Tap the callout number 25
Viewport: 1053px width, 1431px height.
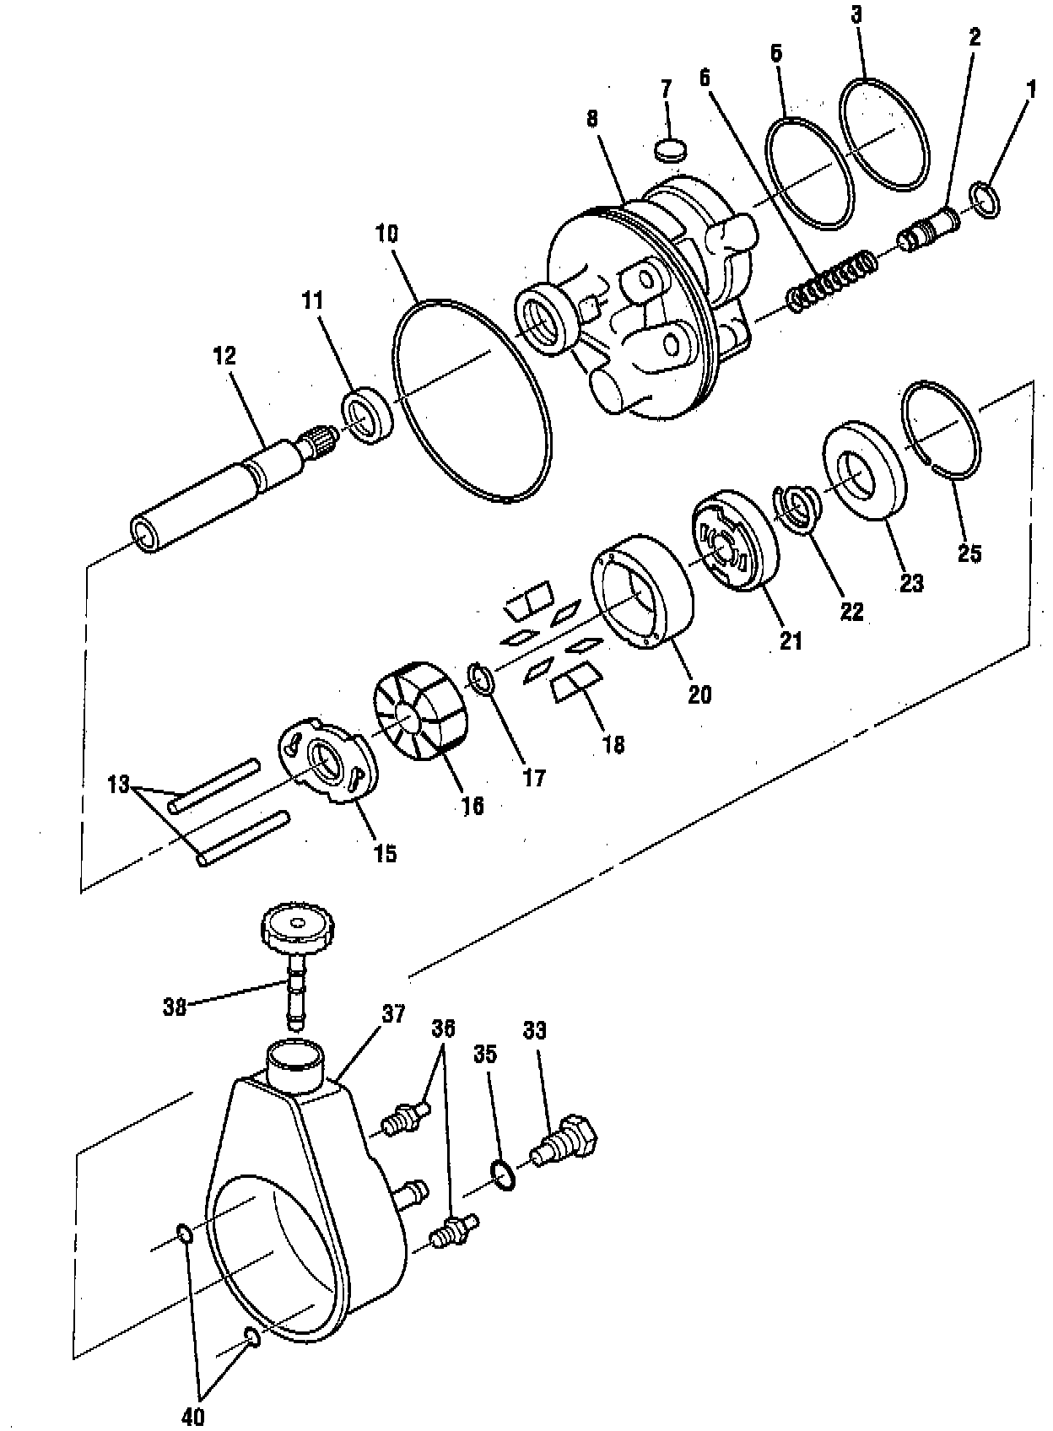click(969, 554)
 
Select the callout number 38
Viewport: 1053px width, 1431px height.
click(175, 1007)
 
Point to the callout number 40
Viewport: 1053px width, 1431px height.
click(193, 1417)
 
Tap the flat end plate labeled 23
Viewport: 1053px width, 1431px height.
click(864, 475)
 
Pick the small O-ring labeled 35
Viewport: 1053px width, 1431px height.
click(504, 1175)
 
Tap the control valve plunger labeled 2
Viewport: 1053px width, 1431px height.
click(928, 229)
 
